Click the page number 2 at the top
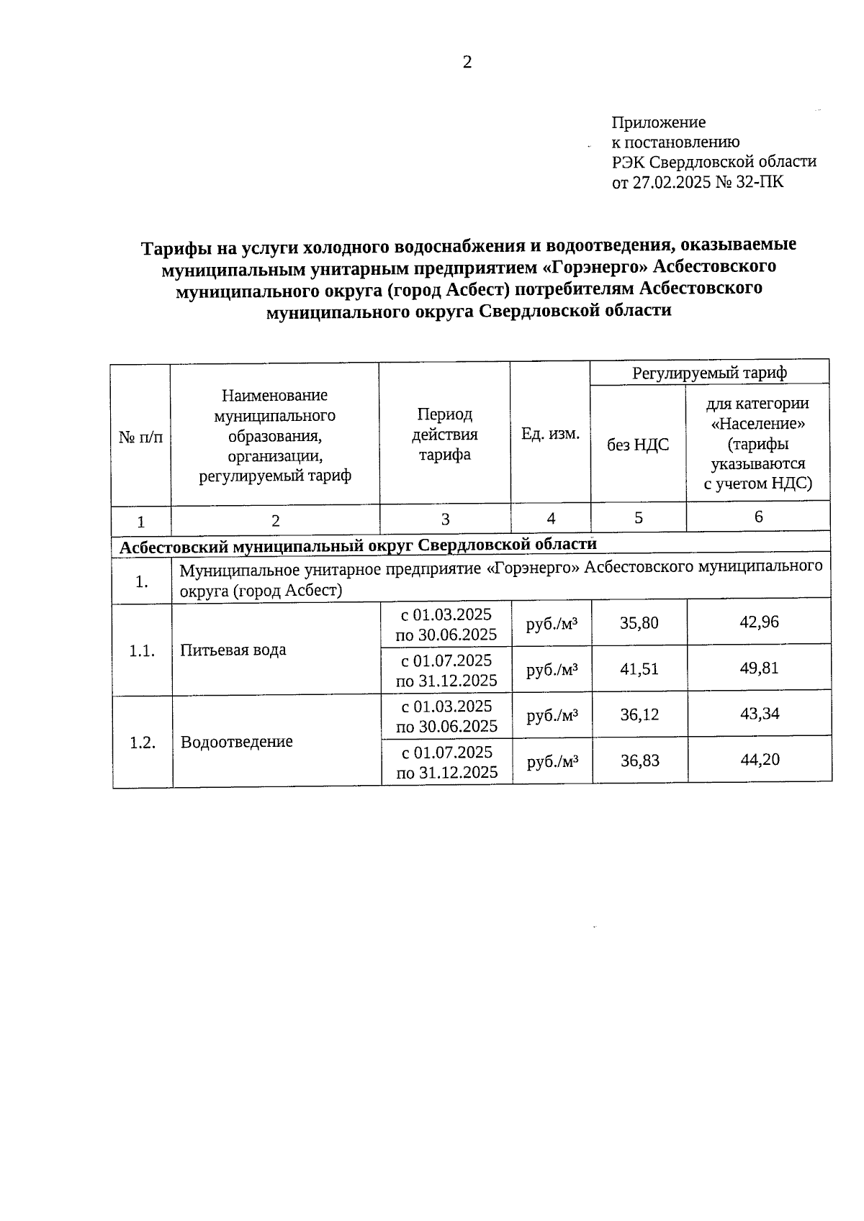[467, 63]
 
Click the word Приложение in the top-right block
[658, 122]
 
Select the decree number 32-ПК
[759, 182]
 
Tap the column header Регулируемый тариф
[709, 373]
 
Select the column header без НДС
[638, 445]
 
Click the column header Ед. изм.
[550, 434]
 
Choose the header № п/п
[141, 437]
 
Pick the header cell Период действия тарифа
[444, 434]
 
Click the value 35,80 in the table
[639, 622]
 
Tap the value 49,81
[759, 668]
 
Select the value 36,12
[639, 714]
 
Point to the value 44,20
[760, 759]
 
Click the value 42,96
[759, 622]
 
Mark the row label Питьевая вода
[233, 650]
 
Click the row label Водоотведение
[236, 742]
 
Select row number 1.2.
[143, 743]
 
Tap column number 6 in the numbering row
[757, 517]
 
